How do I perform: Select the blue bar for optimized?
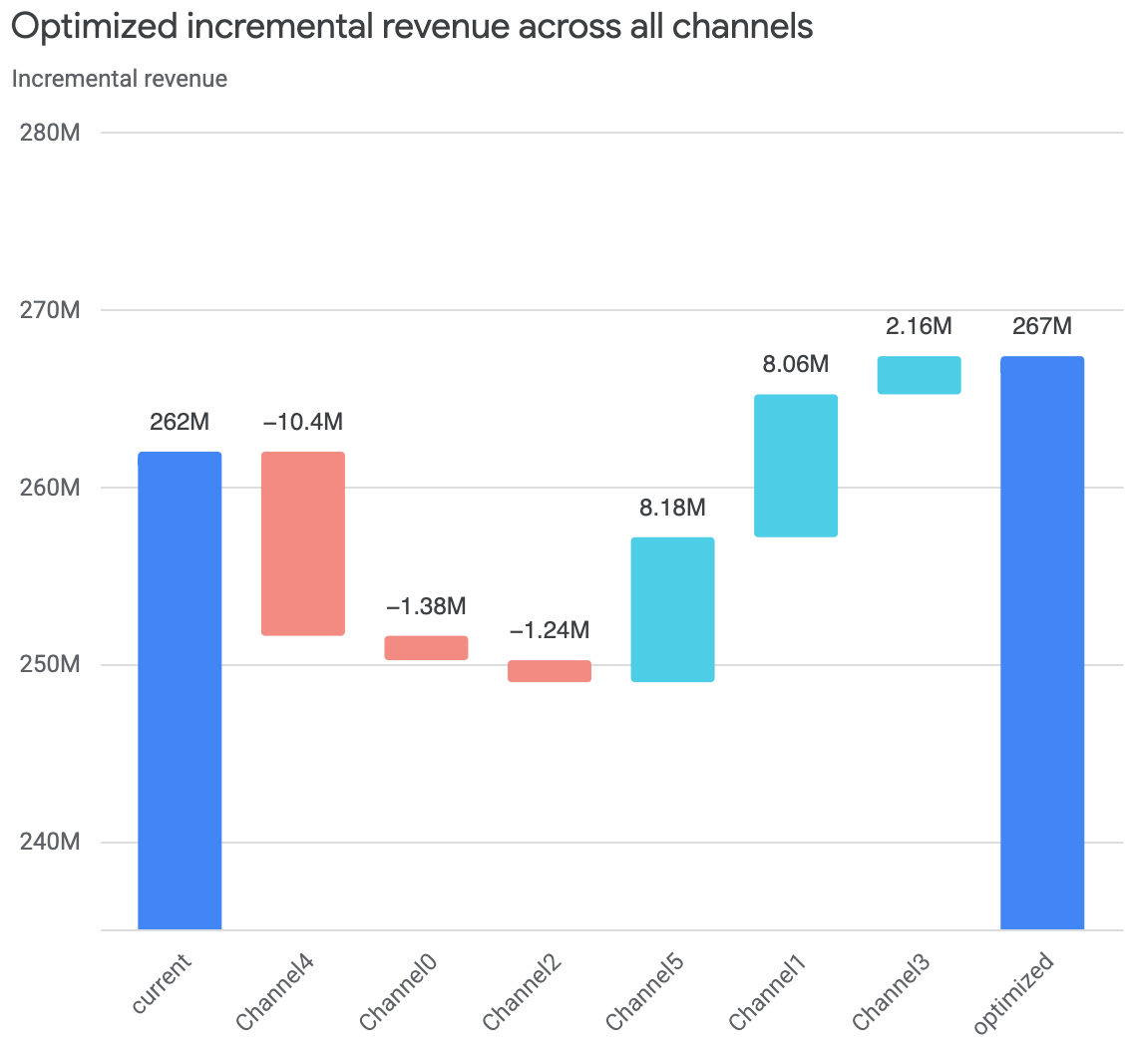[1041, 642]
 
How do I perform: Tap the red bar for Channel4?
[303, 543]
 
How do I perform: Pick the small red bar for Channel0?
[427, 647]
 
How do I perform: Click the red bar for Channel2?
[550, 671]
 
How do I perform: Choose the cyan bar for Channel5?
[672, 609]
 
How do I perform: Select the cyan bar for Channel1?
[796, 466]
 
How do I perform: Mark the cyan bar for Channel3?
[919, 375]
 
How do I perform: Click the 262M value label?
[180, 422]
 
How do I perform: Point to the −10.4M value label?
[303, 422]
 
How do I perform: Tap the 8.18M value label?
[672, 508]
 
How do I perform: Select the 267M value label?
[1041, 326]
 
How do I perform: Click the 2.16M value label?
[919, 326]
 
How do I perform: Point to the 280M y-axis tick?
[50, 133]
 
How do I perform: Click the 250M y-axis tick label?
[50, 665]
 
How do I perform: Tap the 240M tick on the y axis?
[50, 843]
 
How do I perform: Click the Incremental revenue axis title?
[120, 79]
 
